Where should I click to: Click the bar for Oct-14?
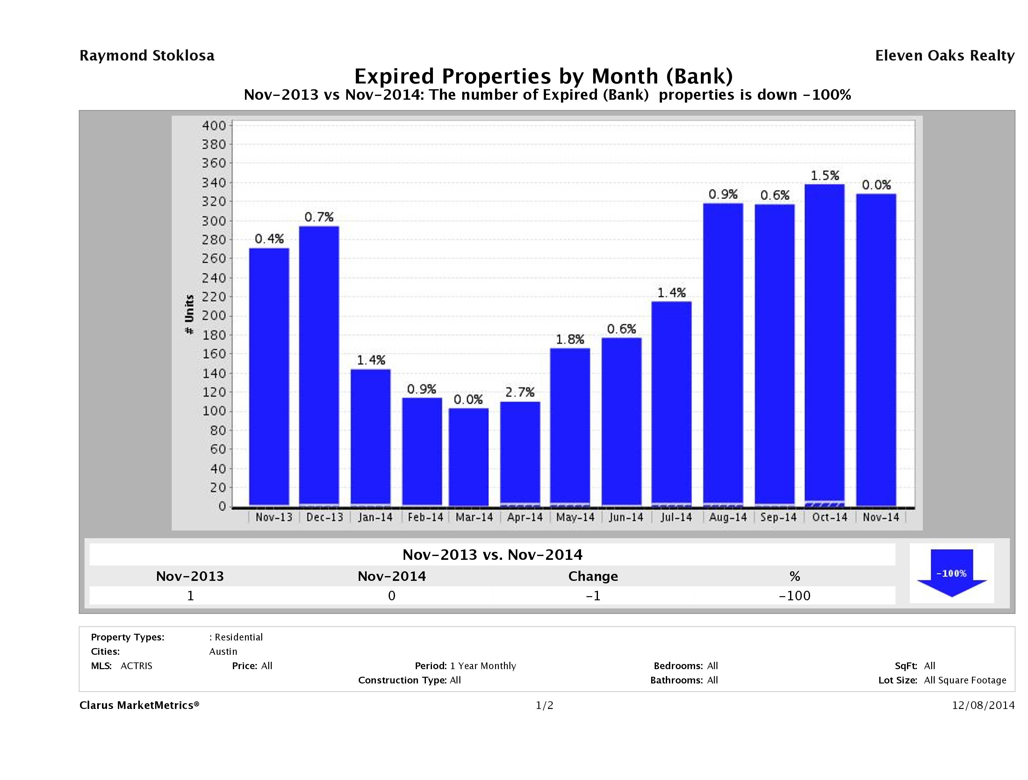824,344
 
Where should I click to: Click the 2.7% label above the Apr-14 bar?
520,392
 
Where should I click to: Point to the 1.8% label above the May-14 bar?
570,339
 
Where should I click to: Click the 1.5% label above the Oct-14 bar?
825,176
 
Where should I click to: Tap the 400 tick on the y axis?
214,126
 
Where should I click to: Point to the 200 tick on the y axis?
214,316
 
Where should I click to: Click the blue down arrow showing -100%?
951,573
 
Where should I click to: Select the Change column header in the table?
593,576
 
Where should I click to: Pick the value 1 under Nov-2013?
190,596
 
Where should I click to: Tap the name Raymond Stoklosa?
147,56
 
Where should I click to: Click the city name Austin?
223,651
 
